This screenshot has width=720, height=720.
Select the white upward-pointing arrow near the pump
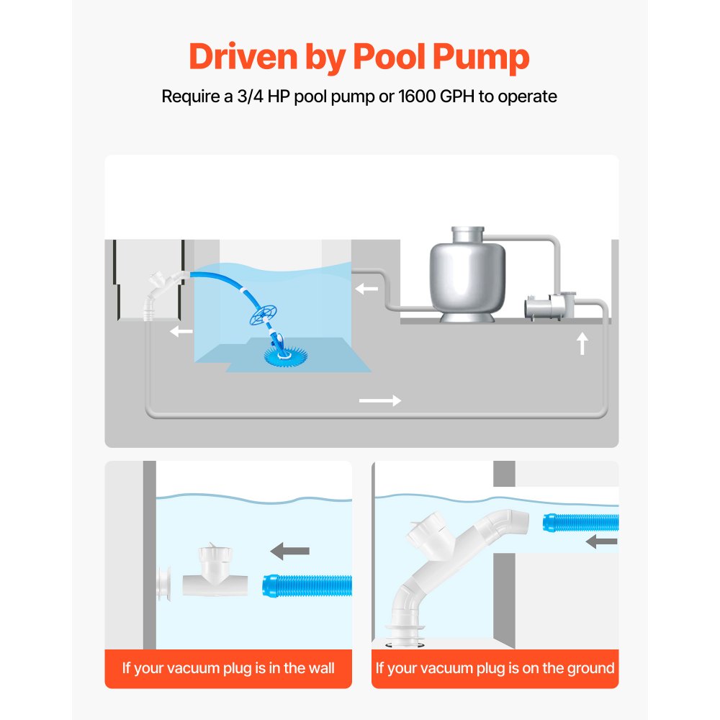click(582, 343)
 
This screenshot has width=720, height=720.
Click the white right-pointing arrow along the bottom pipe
click(379, 400)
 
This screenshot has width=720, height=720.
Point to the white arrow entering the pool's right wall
click(366, 289)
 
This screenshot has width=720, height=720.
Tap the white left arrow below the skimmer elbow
click(181, 331)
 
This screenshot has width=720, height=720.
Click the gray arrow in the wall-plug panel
click(289, 552)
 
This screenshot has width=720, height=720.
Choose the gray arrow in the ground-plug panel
click(601, 541)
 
